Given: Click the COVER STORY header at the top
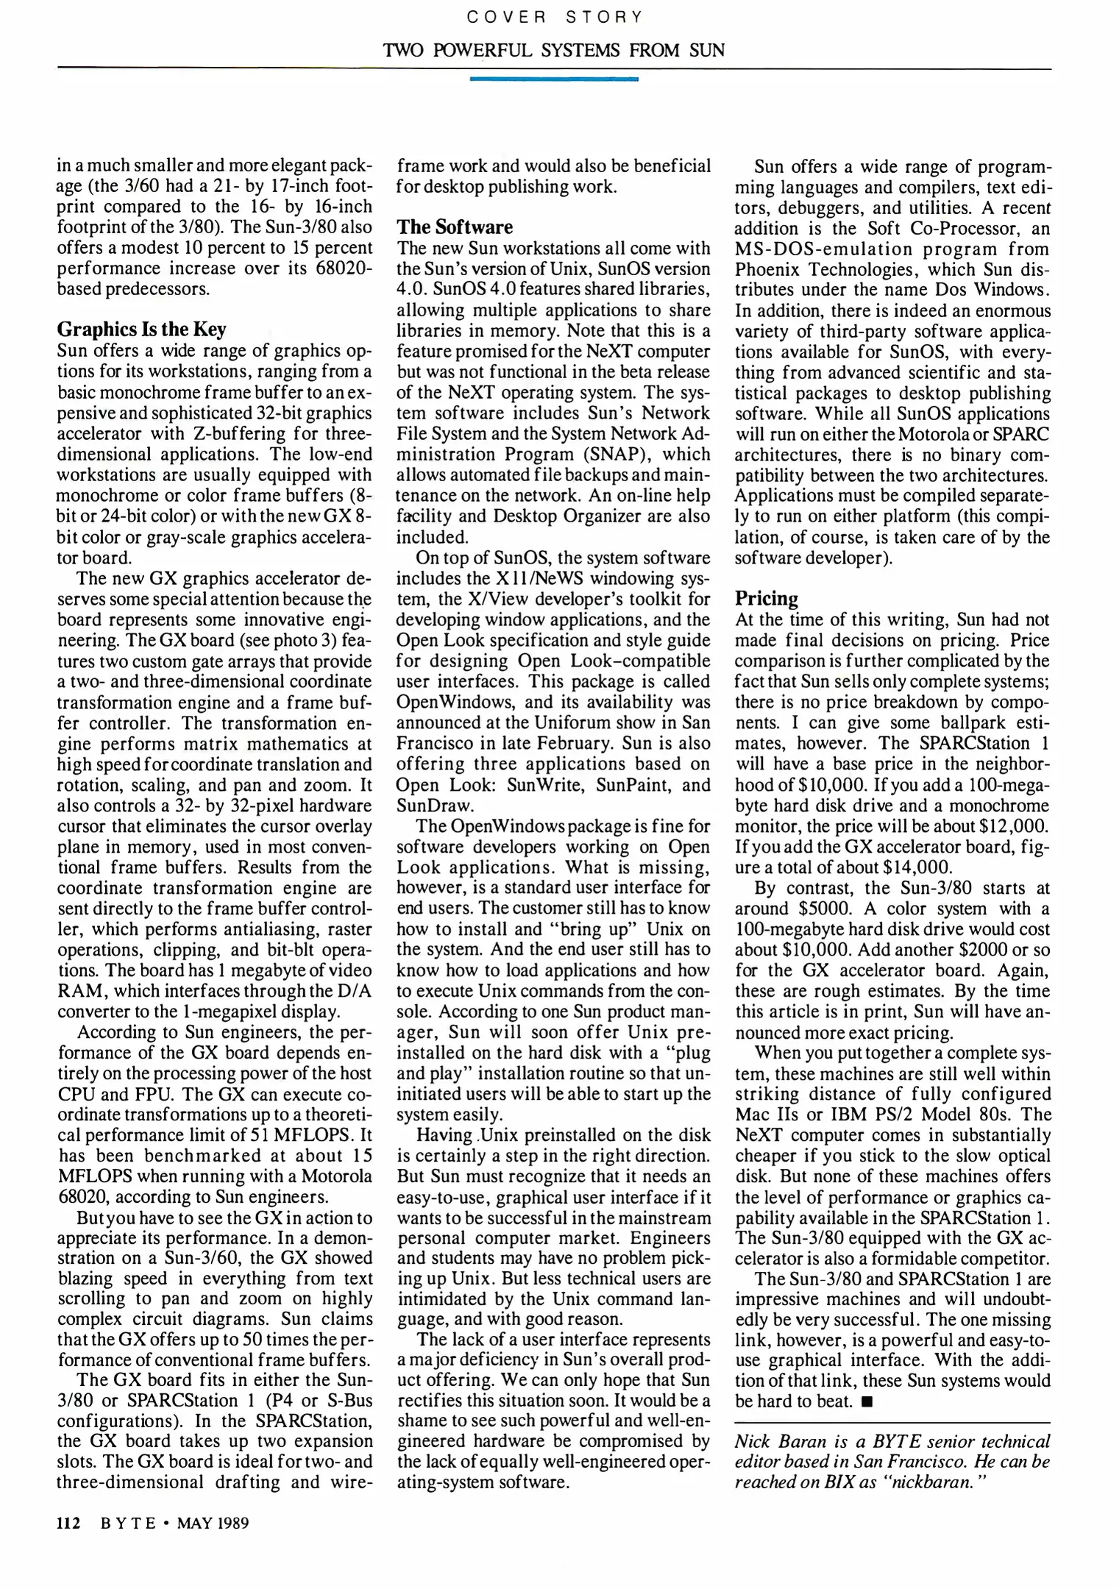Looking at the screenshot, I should (x=554, y=17).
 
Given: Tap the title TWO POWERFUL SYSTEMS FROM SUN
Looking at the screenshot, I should (x=554, y=51).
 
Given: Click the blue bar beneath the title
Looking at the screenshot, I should (x=554, y=78).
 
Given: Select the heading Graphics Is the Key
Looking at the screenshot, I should (x=142, y=329).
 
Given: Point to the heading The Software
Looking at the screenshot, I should (x=455, y=227).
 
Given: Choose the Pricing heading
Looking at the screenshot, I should (x=767, y=598).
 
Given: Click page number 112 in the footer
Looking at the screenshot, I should (x=68, y=1523).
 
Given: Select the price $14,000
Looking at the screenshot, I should (x=914, y=867).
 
